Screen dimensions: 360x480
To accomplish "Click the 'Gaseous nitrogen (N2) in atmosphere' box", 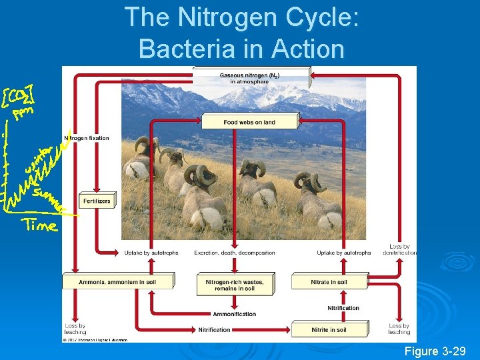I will coord(250,78).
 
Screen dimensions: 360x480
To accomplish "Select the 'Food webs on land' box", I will coord(249,122).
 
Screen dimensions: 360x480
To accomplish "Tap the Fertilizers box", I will coord(97,201).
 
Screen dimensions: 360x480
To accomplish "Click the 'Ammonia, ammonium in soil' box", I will coord(117,282).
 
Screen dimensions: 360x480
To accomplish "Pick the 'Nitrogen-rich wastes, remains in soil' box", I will coord(234,285).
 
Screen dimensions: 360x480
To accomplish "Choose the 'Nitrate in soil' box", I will coord(329,282).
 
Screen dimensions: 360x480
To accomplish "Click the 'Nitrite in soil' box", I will coord(329,330).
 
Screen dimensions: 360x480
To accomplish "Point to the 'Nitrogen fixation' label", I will coord(87,138).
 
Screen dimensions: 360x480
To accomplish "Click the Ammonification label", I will coord(234,314).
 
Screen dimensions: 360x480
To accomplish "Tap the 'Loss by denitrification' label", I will coord(399,249).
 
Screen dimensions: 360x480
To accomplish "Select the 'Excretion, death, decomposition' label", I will coord(234,253).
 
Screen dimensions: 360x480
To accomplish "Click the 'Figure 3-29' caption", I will coord(435,351).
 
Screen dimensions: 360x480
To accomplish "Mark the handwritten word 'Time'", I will coord(40,225).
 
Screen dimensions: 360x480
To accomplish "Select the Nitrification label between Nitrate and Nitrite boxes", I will coord(343,308).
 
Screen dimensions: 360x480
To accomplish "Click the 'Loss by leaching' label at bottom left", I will coord(75,329).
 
